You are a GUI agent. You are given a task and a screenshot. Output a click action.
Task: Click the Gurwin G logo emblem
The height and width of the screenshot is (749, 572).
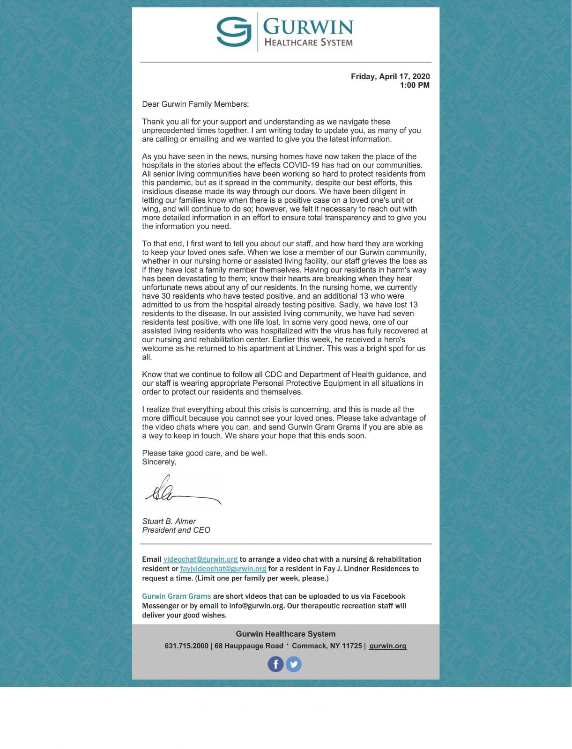(234, 31)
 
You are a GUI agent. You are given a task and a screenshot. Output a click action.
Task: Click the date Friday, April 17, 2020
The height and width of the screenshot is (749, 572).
(390, 76)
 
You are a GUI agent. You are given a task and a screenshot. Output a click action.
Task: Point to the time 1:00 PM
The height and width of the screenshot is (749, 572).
(414, 85)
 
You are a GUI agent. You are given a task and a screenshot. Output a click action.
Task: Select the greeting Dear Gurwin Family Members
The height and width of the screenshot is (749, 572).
(195, 104)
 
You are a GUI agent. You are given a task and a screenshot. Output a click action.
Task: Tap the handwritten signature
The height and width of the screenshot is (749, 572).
(183, 491)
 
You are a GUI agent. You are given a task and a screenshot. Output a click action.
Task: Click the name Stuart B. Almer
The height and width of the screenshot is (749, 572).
(169, 521)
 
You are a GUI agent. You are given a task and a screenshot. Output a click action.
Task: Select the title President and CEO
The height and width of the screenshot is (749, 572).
(176, 530)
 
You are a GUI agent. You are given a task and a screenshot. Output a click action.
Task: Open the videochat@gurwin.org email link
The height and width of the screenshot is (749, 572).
(201, 559)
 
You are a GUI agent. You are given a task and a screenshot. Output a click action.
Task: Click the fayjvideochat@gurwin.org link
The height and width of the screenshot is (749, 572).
(223, 569)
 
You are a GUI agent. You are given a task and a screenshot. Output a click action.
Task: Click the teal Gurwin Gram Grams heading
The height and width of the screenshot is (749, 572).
(176, 596)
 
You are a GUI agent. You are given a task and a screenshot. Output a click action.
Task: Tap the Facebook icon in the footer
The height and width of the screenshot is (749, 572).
(275, 664)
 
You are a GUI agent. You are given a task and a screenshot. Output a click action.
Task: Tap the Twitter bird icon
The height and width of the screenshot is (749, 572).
(294, 664)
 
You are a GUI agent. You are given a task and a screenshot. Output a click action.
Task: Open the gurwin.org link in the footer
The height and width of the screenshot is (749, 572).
(387, 646)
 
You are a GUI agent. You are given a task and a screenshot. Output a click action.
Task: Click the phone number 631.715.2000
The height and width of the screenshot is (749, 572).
(186, 646)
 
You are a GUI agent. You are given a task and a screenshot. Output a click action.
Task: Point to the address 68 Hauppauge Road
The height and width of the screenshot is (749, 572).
(249, 646)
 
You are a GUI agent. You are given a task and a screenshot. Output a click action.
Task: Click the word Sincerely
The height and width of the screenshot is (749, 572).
(159, 462)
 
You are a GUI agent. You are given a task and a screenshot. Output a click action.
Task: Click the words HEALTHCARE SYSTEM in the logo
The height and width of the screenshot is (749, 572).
(308, 43)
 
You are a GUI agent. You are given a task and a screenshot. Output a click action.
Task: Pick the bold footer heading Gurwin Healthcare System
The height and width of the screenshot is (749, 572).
(286, 634)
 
